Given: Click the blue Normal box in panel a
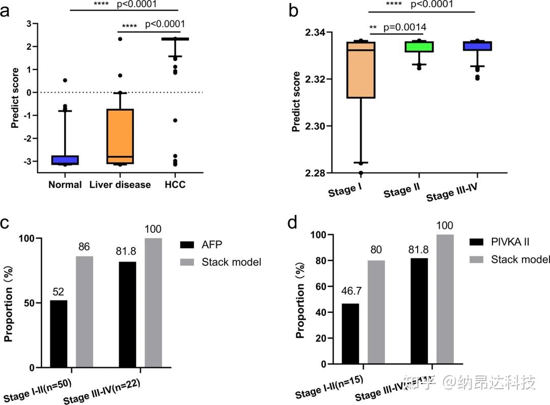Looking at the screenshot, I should click(65, 160).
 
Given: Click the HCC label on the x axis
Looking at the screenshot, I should click(175, 184).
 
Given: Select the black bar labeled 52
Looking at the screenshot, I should click(58, 334).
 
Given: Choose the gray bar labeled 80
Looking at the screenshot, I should click(375, 312).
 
